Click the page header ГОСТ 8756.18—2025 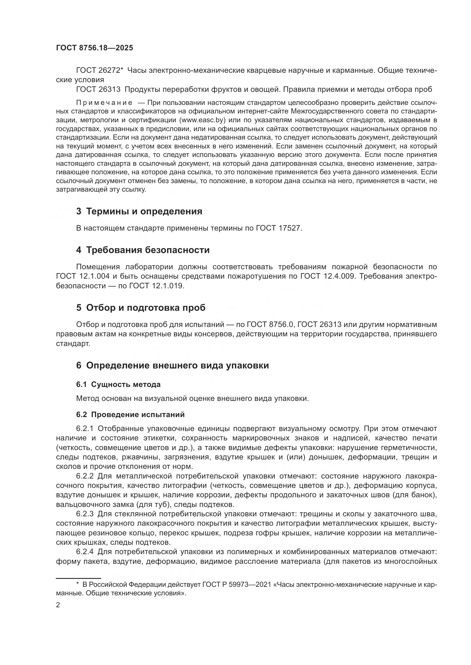95,48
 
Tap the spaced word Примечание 105,103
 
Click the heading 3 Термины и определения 139,212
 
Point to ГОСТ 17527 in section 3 279,228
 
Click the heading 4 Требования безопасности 143,250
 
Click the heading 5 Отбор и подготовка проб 141,308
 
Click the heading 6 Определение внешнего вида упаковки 173,366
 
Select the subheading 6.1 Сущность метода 118,384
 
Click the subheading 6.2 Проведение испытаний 130,415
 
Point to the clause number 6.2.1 85,428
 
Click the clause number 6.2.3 85,514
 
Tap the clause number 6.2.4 85,552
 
